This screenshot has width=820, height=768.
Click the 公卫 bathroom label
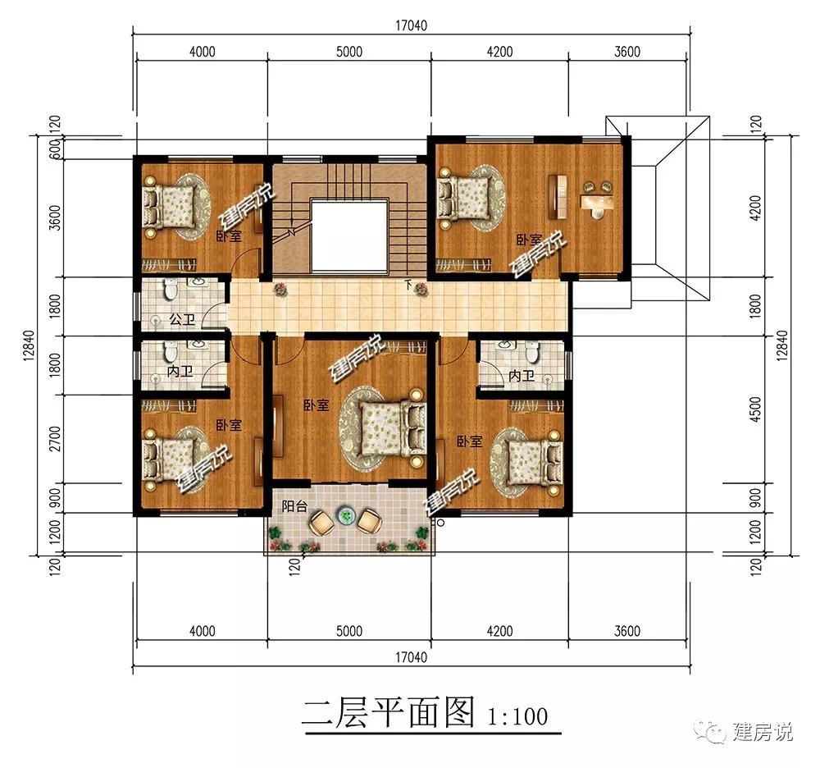pos(180,319)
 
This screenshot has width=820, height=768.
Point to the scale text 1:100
pos(517,715)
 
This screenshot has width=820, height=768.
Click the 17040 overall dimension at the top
pos(411,25)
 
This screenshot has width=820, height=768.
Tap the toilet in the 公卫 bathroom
pos(169,290)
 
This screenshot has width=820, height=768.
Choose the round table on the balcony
pos(345,517)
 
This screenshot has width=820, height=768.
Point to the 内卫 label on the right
pos(520,376)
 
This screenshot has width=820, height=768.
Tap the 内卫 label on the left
pos(180,372)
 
